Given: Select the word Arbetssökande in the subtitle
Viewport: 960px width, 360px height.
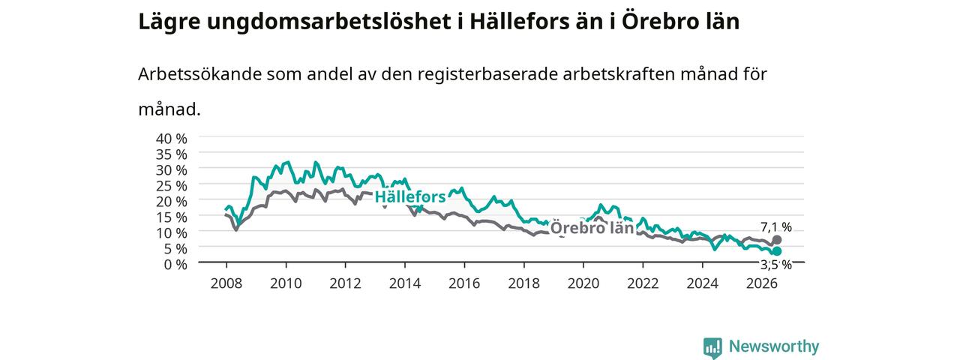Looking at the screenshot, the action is pyautogui.click(x=199, y=74).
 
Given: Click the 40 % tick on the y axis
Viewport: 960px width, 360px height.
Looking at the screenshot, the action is pyautogui.click(x=172, y=139).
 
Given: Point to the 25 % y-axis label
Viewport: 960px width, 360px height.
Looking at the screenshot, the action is pyautogui.click(x=172, y=185).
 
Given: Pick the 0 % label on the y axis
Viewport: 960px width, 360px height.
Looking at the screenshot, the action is pyautogui.click(x=175, y=265).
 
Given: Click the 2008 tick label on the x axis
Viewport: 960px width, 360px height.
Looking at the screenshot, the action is pyautogui.click(x=226, y=283).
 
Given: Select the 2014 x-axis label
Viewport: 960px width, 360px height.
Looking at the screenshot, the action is pyautogui.click(x=405, y=283).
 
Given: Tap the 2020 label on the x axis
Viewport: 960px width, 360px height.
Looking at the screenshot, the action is pyautogui.click(x=583, y=283).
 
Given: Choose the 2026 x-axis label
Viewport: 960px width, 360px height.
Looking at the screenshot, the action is pyautogui.click(x=762, y=283).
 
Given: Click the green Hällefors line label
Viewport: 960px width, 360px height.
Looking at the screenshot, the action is pyautogui.click(x=410, y=196).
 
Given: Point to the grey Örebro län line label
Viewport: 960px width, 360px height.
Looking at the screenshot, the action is pyautogui.click(x=592, y=227).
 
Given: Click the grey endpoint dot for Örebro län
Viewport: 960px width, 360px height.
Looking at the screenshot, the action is pyautogui.click(x=776, y=239).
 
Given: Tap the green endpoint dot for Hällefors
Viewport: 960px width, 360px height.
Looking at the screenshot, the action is pyautogui.click(x=776, y=251).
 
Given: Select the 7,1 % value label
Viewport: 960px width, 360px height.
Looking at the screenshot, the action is pyautogui.click(x=776, y=226).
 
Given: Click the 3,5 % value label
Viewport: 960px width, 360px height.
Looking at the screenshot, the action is pyautogui.click(x=776, y=265).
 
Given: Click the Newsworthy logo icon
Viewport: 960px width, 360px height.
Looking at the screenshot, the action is pyautogui.click(x=712, y=347).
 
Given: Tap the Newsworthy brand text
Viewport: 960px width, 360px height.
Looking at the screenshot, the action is pyautogui.click(x=774, y=346).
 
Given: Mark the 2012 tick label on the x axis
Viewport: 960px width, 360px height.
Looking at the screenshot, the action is pyautogui.click(x=346, y=283).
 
